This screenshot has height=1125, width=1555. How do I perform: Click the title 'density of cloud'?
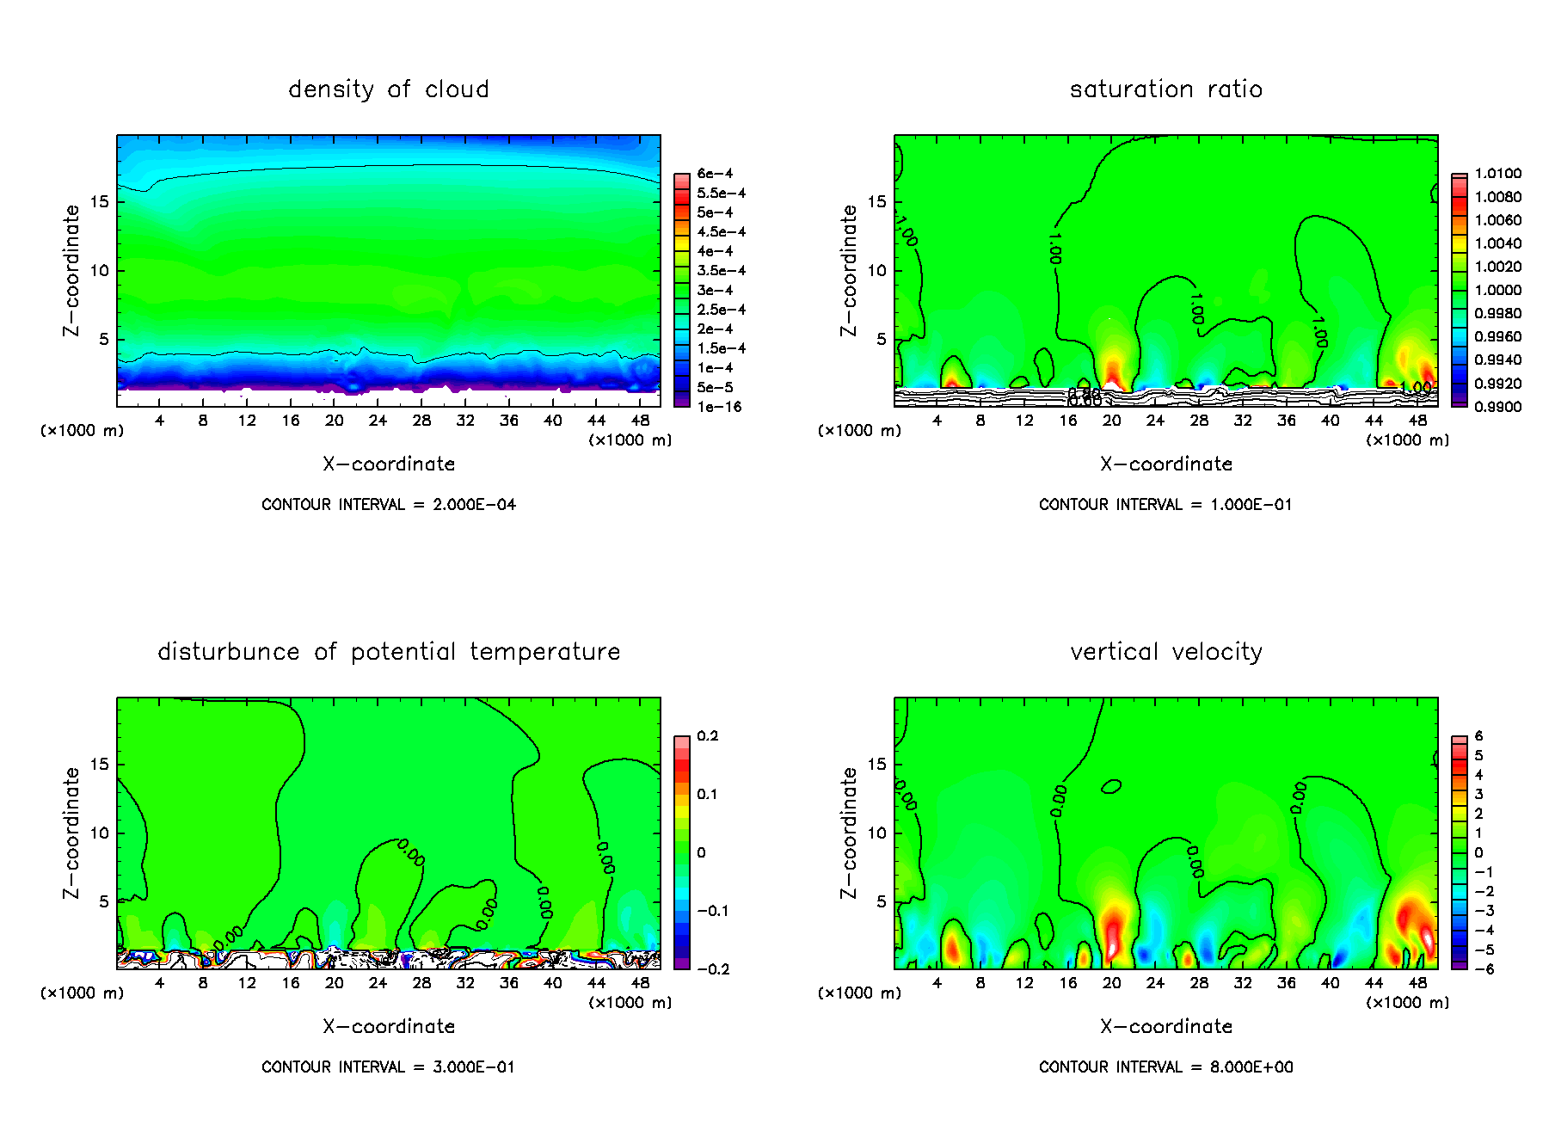[x=388, y=89]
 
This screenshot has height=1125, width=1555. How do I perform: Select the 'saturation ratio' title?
[x=1165, y=89]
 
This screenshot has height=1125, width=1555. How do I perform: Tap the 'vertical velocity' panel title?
[x=1165, y=652]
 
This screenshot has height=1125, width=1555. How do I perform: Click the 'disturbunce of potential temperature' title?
[x=388, y=652]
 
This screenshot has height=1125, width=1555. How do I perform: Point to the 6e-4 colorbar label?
[x=715, y=174]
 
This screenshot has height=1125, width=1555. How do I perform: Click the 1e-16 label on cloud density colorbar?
[x=719, y=407]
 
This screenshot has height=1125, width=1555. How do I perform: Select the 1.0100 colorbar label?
[x=1497, y=174]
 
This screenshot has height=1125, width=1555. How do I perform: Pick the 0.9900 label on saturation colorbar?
[x=1497, y=407]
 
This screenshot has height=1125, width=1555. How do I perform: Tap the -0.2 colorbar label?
[x=713, y=969]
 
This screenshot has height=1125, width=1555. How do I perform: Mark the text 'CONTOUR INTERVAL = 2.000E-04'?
[x=388, y=505]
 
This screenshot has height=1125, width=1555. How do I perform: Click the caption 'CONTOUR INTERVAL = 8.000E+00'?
[x=1165, y=1067]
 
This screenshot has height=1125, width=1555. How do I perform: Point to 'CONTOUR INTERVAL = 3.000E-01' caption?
[x=388, y=1067]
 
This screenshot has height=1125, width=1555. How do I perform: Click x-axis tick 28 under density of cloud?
[x=421, y=421]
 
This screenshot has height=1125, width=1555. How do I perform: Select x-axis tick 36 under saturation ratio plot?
[x=1286, y=421]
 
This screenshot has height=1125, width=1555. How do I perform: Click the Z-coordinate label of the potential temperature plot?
[x=71, y=833]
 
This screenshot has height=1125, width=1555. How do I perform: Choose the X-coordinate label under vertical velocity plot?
[x=1165, y=1026]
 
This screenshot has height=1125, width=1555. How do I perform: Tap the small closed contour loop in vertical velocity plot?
[x=1111, y=786]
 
